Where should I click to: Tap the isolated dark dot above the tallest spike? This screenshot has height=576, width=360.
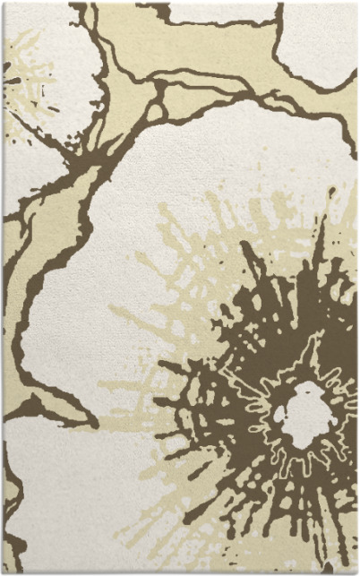click(x=330, y=191)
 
